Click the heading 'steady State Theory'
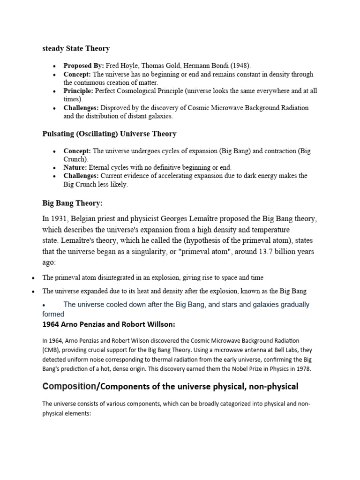click(x=76, y=48)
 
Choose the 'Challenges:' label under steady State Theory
click(x=82, y=108)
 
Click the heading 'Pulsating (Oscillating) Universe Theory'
click(x=109, y=134)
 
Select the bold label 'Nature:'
click(x=75, y=167)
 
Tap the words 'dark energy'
click(x=275, y=176)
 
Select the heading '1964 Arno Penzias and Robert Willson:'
click(x=109, y=324)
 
